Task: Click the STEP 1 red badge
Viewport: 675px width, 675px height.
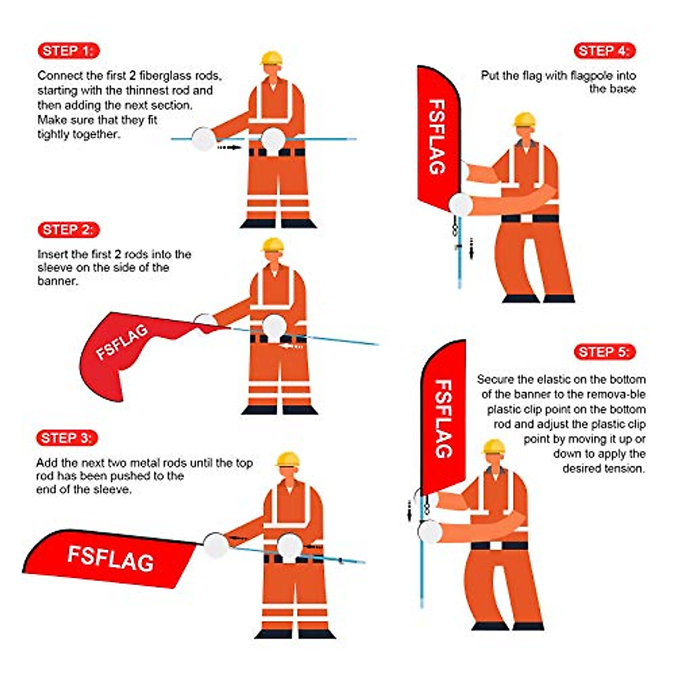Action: [69, 51]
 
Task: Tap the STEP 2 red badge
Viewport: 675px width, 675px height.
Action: [69, 230]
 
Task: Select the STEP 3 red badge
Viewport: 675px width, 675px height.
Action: [67, 438]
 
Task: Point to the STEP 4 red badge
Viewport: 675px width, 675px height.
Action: [605, 51]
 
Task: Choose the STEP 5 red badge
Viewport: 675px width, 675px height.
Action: [605, 352]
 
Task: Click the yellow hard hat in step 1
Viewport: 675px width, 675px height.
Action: [272, 58]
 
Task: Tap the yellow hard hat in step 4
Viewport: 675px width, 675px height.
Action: [524, 119]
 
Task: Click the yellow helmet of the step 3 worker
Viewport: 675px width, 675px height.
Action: [287, 459]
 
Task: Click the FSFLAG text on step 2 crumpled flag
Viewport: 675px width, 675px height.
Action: [121, 342]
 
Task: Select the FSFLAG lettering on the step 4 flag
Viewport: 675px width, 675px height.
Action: [437, 137]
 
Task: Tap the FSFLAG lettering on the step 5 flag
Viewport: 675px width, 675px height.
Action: [443, 419]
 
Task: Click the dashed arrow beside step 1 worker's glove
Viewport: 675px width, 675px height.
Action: [229, 147]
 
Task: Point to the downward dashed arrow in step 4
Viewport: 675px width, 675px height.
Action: [471, 249]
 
